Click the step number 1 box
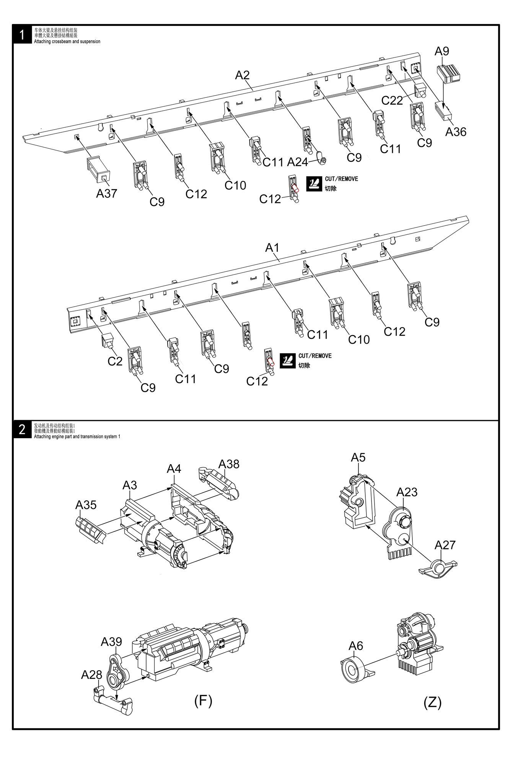[22, 35]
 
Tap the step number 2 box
[22, 430]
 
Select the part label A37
[106, 193]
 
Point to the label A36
[456, 132]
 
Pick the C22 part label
[392, 100]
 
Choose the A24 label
[297, 162]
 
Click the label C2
[115, 361]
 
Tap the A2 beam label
[242, 75]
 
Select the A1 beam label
[272, 248]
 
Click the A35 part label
[86, 505]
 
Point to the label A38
[229, 464]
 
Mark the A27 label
[445, 544]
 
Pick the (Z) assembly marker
[433, 702]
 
